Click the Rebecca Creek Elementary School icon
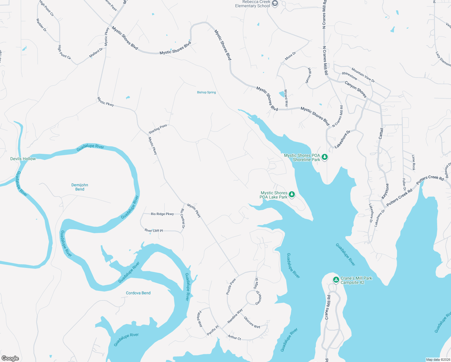click(275, 3)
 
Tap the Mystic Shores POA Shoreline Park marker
click(325, 157)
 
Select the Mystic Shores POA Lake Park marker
click(292, 194)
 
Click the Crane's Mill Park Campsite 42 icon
click(336, 280)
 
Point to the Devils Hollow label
click(23, 159)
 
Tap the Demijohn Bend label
click(80, 187)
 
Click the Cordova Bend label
click(138, 293)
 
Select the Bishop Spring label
click(207, 92)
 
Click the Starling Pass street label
click(158, 129)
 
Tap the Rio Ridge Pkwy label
click(162, 214)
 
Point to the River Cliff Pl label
click(154, 230)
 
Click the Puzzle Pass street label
click(231, 286)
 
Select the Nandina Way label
click(235, 316)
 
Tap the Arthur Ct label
click(234, 338)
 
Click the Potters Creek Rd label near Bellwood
click(430, 179)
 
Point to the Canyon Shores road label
click(355, 89)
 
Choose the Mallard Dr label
click(96, 53)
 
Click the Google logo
click(10, 358)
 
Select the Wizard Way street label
click(286, 98)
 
